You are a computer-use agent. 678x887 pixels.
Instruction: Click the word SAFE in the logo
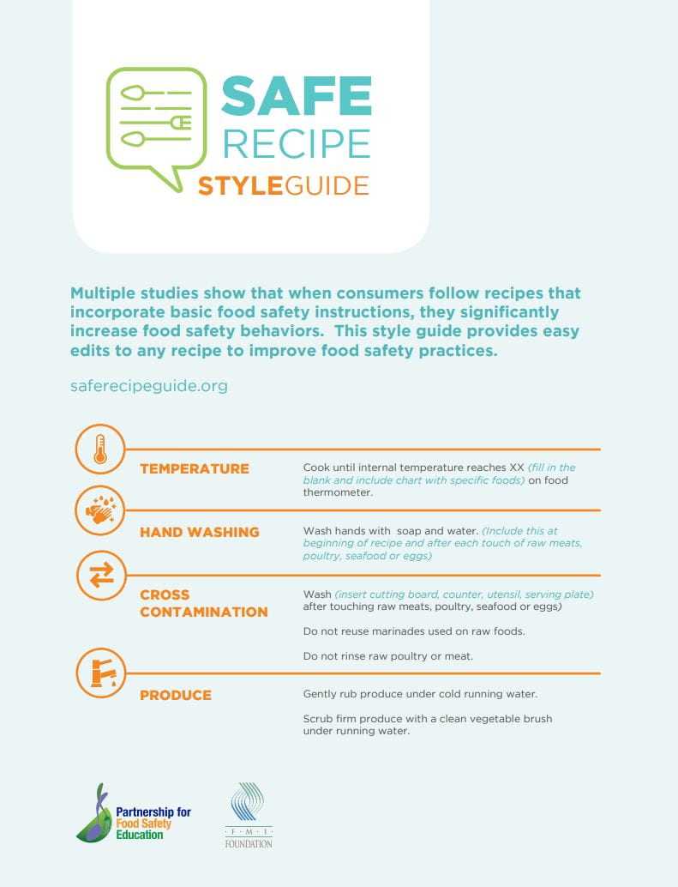click(x=296, y=96)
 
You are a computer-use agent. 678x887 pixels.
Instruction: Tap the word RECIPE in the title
click(x=296, y=143)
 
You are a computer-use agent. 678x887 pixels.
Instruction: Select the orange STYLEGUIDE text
click(x=284, y=185)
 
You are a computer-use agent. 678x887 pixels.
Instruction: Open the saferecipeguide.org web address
click(x=148, y=386)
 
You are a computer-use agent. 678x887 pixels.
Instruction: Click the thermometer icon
click(x=100, y=450)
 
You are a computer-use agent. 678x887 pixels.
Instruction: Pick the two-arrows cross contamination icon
click(x=100, y=576)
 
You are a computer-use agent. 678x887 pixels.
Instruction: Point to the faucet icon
click(x=100, y=672)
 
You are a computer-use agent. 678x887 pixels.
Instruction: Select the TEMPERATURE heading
click(x=195, y=468)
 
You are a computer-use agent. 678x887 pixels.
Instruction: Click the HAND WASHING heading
click(x=199, y=532)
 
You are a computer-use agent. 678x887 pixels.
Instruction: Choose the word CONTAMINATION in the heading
click(x=203, y=612)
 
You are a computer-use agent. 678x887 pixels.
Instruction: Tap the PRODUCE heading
click(x=176, y=695)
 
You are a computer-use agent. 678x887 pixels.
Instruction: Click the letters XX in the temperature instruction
click(x=516, y=468)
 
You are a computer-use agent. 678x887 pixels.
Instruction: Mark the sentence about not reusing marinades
click(x=413, y=631)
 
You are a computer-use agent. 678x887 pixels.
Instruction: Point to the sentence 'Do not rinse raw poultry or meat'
click(x=387, y=656)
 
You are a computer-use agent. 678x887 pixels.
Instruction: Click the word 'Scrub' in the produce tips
click(x=318, y=719)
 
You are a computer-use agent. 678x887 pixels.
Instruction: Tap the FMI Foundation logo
click(x=249, y=815)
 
